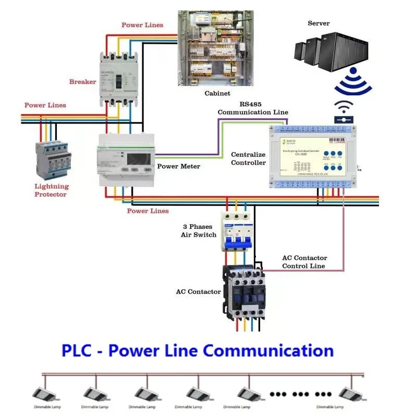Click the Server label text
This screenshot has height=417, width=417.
tap(318, 23)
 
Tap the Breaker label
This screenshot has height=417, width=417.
tap(83, 82)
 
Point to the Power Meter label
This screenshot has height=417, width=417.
tap(179, 167)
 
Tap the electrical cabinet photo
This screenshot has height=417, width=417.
tap(215, 48)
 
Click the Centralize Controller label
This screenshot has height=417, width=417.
tap(248, 158)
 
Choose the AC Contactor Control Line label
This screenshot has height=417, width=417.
tap(304, 262)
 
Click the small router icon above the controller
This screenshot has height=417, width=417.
tap(343, 113)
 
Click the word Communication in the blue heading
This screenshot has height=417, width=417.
tap(268, 350)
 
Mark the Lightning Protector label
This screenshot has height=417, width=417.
tap(51, 190)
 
